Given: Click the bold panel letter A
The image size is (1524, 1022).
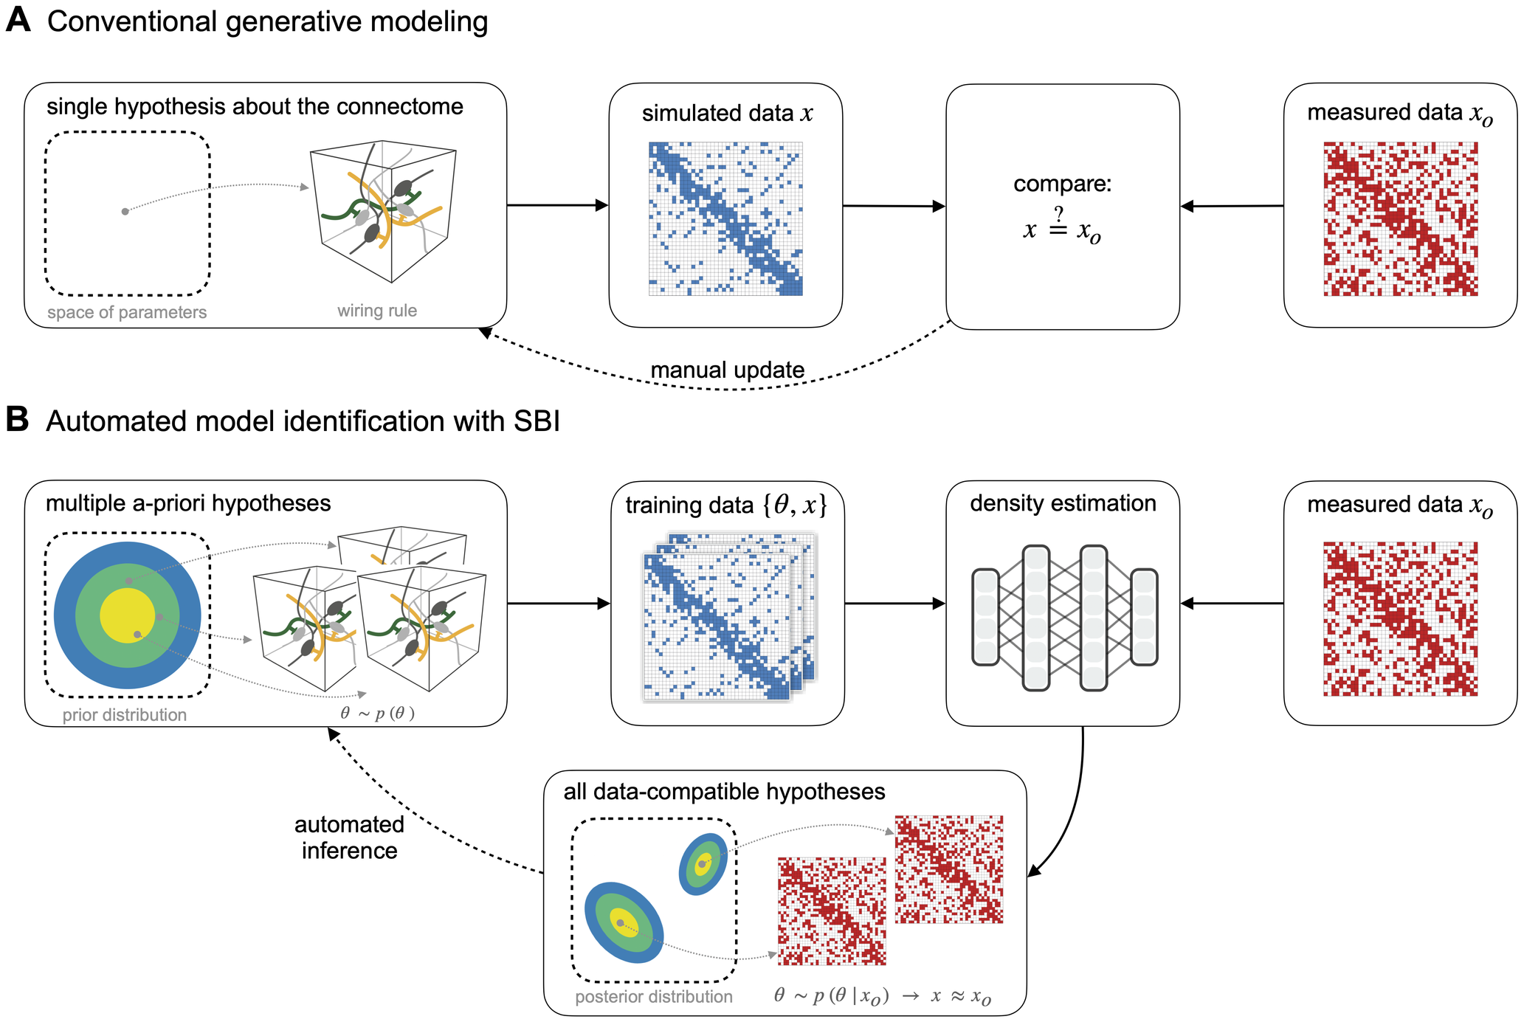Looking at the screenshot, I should [18, 20].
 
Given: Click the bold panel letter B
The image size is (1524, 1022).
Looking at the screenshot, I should [18, 419].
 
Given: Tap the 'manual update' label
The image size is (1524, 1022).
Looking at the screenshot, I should [727, 370].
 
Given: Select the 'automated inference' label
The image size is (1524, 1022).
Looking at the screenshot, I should [349, 838].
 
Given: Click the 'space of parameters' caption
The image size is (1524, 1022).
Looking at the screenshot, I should [127, 312].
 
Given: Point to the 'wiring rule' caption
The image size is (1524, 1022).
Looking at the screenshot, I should [377, 311].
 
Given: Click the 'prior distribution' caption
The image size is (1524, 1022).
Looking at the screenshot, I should [124, 714].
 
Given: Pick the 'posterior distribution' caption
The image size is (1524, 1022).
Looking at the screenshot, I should [653, 997].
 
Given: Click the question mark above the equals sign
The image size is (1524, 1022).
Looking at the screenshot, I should [1059, 214].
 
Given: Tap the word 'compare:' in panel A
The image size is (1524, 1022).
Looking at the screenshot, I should [1062, 184].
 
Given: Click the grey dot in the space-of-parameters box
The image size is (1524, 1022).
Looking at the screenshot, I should [125, 212].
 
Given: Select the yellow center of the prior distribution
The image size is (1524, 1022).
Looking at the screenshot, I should [127, 615].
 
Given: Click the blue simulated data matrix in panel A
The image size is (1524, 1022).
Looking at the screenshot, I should [725, 219].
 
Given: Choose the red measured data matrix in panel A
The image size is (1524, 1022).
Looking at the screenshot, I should [1400, 219].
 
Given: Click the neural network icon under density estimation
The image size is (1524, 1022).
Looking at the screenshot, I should [1063, 618].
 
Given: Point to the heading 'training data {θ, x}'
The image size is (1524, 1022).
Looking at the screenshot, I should [726, 505].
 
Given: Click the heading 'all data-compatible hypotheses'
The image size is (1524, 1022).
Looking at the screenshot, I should [724, 792].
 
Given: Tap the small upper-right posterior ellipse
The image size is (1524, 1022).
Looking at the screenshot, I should [703, 863].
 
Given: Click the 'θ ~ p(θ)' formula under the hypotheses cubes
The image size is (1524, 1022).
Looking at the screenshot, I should [377, 713].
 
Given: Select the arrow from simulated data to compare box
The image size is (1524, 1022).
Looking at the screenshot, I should [894, 206].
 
